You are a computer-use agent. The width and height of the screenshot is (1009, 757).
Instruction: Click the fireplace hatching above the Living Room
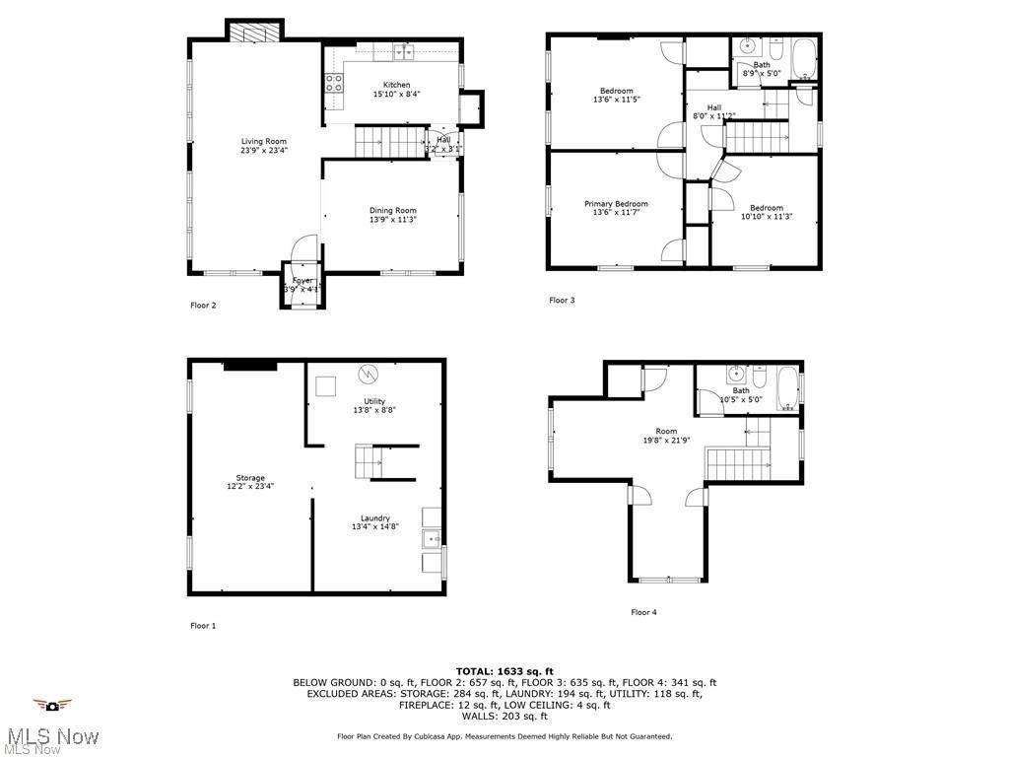click(254, 32)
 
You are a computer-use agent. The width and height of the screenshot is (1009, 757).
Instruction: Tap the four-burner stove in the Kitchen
click(333, 84)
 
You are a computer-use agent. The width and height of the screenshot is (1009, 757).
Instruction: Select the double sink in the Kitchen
click(404, 52)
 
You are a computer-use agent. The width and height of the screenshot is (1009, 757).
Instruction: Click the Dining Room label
click(392, 210)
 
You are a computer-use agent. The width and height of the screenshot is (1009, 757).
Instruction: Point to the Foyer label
click(302, 281)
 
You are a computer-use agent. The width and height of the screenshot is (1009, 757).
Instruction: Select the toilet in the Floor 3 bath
click(776, 49)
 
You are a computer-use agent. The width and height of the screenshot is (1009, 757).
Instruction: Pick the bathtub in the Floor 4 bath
click(786, 388)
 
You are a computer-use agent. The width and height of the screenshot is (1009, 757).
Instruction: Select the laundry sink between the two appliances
click(431, 538)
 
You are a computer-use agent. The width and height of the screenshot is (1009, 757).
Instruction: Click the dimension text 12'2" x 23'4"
click(249, 486)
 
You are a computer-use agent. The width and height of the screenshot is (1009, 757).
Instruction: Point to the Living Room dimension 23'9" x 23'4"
click(263, 151)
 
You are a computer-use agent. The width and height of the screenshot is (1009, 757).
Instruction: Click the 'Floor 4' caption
click(643, 612)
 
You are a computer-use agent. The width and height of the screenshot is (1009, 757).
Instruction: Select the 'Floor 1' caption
click(203, 625)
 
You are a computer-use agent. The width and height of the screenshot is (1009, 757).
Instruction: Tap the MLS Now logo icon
click(52, 705)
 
